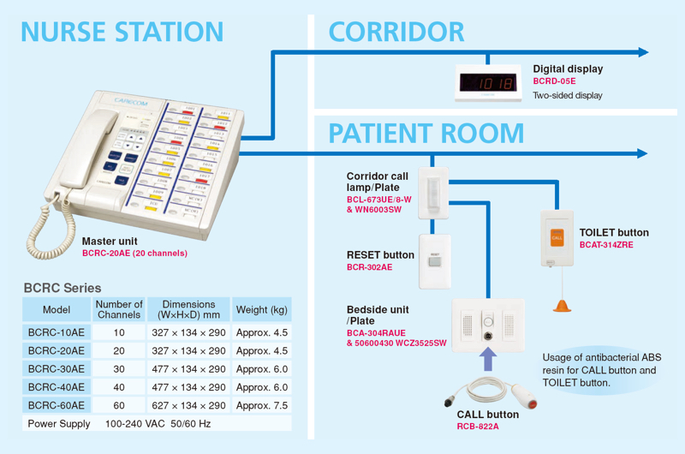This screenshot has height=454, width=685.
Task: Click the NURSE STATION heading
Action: (x=122, y=32)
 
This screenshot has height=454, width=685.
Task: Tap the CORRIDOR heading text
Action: (x=396, y=32)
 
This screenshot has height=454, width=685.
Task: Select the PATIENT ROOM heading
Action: (x=426, y=134)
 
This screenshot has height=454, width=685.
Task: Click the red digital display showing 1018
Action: (x=487, y=83)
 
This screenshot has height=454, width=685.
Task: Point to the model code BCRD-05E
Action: (x=555, y=81)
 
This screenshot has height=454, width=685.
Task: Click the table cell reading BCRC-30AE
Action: (x=57, y=368)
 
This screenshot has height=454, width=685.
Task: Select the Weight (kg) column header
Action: (x=261, y=309)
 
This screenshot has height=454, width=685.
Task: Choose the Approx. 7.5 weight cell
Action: (x=261, y=405)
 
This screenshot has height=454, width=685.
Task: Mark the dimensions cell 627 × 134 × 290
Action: (x=188, y=405)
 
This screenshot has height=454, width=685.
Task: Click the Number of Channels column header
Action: (x=119, y=309)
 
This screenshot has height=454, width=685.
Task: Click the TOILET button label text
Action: (x=614, y=232)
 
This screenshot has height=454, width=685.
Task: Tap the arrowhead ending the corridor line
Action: (x=642, y=52)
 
